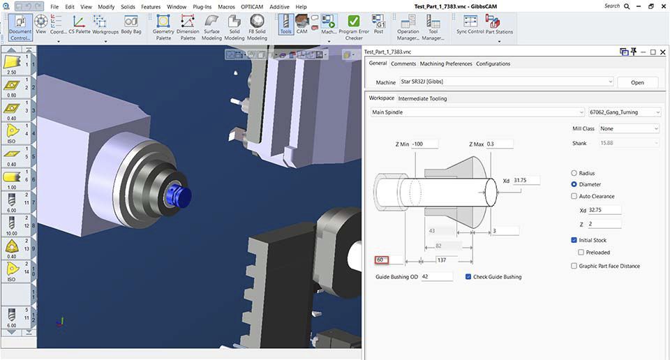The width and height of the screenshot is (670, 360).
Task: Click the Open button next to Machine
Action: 637,82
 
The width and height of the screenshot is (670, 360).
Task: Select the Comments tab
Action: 403,63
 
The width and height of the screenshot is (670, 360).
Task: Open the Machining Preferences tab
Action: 446,63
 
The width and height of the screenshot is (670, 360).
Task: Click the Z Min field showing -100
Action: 425,144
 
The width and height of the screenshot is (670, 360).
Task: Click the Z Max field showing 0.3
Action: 500,144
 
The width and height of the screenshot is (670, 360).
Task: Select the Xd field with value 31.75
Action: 528,181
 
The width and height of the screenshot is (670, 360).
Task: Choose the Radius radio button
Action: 574,173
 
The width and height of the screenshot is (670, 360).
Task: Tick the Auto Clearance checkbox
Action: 574,196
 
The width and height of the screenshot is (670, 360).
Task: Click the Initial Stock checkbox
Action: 574,240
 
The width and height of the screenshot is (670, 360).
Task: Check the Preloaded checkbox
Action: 581,253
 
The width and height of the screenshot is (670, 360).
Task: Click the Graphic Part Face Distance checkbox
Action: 574,266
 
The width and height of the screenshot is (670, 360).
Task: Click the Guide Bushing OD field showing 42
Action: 436,277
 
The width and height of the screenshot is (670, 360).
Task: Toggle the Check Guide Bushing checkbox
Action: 468,277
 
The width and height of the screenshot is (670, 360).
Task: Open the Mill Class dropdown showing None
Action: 629,128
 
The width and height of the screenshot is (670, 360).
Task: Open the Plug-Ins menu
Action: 202,6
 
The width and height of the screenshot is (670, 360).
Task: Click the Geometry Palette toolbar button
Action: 163,26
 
